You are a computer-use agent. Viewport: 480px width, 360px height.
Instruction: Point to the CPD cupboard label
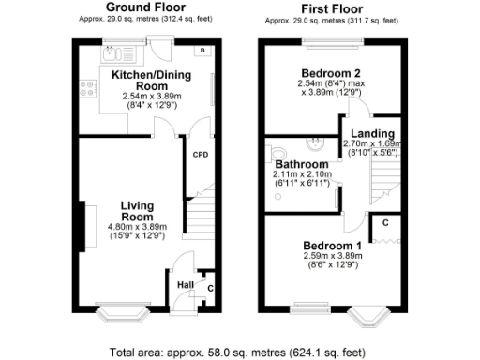200,155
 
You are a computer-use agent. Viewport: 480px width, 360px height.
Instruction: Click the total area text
239,352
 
